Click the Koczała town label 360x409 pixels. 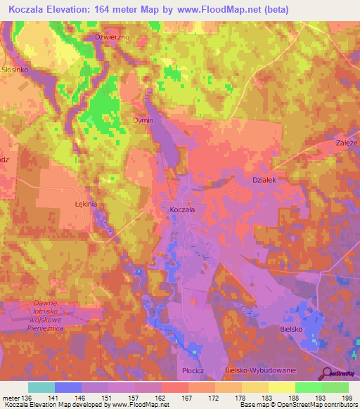[183, 209]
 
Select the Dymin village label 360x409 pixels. [143, 120]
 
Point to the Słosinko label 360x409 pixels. [13, 70]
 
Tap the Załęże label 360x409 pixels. [347, 143]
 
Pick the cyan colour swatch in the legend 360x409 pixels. [41, 387]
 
